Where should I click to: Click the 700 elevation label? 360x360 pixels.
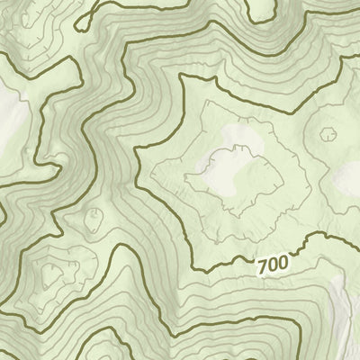click(x=271, y=266)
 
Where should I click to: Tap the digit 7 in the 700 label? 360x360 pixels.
click(x=262, y=268)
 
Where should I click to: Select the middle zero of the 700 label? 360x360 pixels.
click(x=271, y=266)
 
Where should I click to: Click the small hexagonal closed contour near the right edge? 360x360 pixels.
click(x=327, y=135)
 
